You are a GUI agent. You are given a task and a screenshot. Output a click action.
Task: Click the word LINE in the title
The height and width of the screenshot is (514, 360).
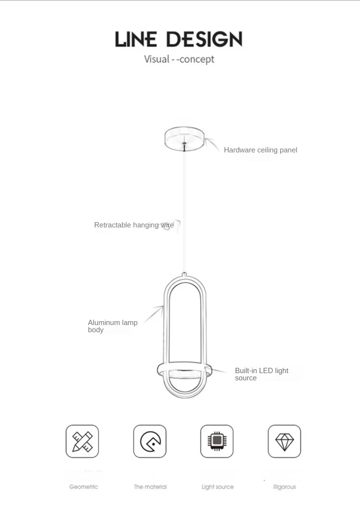[x=137, y=39]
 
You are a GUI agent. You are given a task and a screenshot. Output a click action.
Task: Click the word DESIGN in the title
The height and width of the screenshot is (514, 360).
[x=204, y=39]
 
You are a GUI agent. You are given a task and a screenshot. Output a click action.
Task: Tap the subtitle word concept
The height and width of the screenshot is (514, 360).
[x=197, y=60]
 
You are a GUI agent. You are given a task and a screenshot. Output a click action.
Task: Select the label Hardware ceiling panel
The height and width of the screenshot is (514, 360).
[x=261, y=150]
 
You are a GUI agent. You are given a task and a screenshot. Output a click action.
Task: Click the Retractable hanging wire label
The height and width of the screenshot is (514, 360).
[x=134, y=225]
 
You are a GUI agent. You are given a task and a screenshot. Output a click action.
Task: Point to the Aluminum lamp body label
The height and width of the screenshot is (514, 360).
[x=112, y=326]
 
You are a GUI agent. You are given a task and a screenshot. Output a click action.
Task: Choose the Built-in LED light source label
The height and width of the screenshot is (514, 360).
[x=261, y=374]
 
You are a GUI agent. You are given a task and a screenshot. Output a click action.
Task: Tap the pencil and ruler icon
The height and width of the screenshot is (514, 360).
[x=82, y=441]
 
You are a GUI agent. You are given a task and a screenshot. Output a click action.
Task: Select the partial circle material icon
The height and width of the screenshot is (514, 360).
[x=150, y=441]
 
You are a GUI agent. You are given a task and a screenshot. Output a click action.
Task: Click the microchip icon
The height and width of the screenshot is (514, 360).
[x=217, y=441]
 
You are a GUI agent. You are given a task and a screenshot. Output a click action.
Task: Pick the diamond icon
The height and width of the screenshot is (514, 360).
[x=285, y=441]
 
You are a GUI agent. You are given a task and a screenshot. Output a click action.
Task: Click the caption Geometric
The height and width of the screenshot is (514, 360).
[x=84, y=487]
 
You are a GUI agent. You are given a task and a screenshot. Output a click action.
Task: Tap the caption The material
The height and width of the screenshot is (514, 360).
[x=150, y=487]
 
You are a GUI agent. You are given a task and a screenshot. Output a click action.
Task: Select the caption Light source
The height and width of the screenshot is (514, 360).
[x=218, y=487]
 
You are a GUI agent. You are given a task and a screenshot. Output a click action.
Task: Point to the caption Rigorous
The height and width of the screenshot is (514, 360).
[x=285, y=487]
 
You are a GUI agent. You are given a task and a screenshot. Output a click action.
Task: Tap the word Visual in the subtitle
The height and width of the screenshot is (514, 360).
[x=157, y=60]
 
